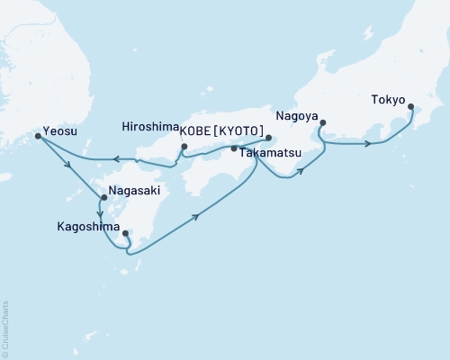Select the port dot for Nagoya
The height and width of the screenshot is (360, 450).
(x=321, y=123)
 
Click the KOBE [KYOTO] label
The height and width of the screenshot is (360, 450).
(x=223, y=130)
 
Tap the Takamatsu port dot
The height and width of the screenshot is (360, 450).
(x=234, y=148)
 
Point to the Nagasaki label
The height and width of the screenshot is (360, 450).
(x=133, y=191)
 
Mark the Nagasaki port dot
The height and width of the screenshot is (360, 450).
(x=103, y=197)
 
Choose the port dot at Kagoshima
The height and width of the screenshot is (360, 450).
(x=125, y=234)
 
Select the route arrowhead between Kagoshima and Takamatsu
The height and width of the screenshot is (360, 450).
(x=195, y=216)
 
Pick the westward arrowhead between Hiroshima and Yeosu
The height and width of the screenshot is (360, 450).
(x=117, y=161)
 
